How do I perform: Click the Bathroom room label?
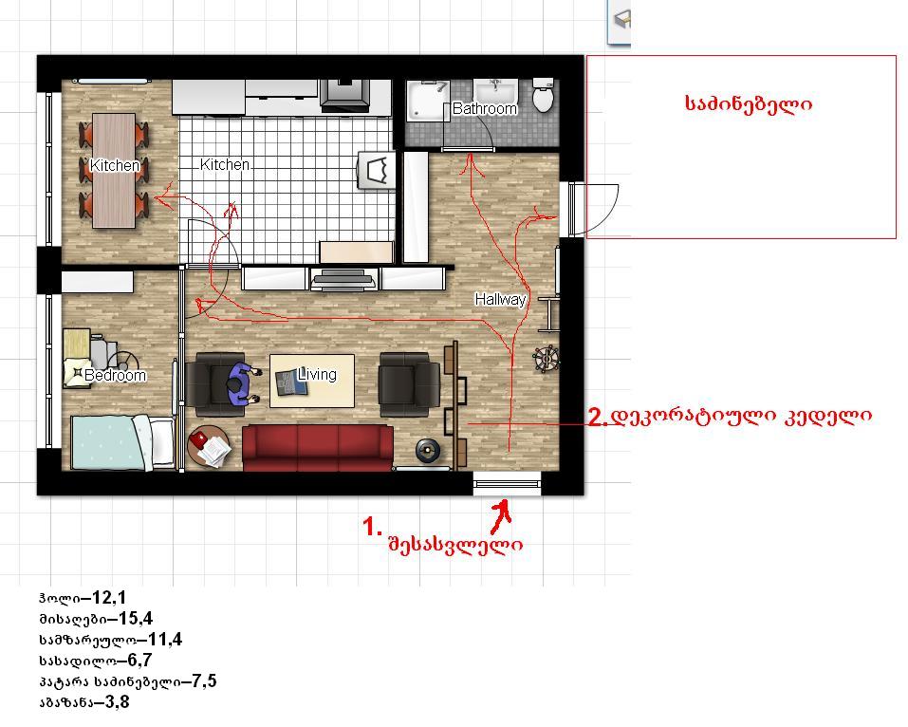[484, 108]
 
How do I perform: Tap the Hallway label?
[500, 300]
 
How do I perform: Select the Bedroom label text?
[115, 376]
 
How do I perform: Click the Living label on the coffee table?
[317, 374]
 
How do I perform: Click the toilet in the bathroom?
[543, 94]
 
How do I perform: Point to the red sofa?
[317, 448]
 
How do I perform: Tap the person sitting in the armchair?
[240, 383]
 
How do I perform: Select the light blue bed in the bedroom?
[122, 442]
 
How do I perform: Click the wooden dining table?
[114, 170]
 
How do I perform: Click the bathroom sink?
[495, 91]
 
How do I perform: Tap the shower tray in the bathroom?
[428, 101]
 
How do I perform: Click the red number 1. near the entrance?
[372, 527]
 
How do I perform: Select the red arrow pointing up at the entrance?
[502, 516]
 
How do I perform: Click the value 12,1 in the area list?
[109, 597]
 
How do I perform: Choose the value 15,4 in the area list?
[136, 618]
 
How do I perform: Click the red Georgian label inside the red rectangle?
[749, 104]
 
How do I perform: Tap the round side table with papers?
[209, 446]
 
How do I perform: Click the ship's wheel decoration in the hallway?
[547, 359]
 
